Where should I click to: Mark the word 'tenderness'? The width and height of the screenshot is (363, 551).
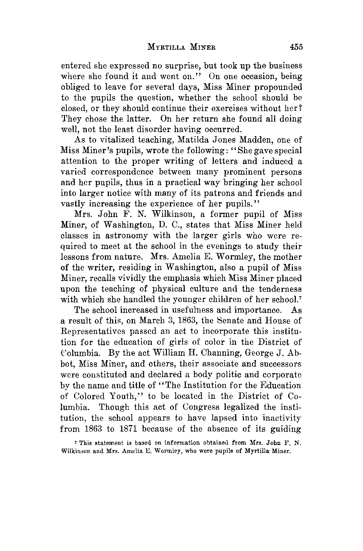tap(281, 289)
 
